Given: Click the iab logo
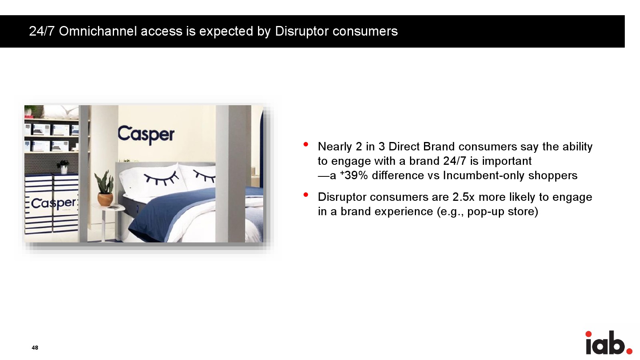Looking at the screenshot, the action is click(x=608, y=342).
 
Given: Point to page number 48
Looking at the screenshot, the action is click(x=35, y=348).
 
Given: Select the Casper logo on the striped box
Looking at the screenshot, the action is click(x=54, y=203).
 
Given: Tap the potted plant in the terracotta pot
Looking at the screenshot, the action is click(x=105, y=188).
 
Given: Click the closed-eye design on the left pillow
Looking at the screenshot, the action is click(x=161, y=178).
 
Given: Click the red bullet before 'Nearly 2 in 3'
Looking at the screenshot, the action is click(x=306, y=144).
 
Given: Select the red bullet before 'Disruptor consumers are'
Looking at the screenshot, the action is click(x=306, y=194).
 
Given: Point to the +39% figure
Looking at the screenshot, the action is click(x=354, y=175).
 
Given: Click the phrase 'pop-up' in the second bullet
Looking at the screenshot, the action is click(x=486, y=212).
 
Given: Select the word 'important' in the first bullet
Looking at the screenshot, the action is click(x=507, y=161).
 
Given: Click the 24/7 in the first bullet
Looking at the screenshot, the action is click(x=455, y=161).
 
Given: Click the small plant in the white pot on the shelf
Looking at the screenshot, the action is click(x=63, y=167).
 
